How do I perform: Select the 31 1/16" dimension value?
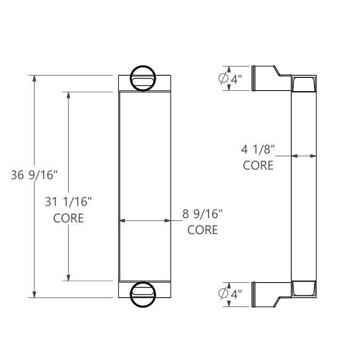[68, 202]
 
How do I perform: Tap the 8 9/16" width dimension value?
[203, 214]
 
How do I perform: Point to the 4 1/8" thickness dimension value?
[258, 150]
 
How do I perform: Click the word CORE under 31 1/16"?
[68, 218]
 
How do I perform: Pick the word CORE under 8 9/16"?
[203, 230]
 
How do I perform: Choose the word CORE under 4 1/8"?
[258, 166]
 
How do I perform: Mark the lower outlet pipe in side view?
[266, 293]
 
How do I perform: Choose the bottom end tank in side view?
[305, 288]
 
